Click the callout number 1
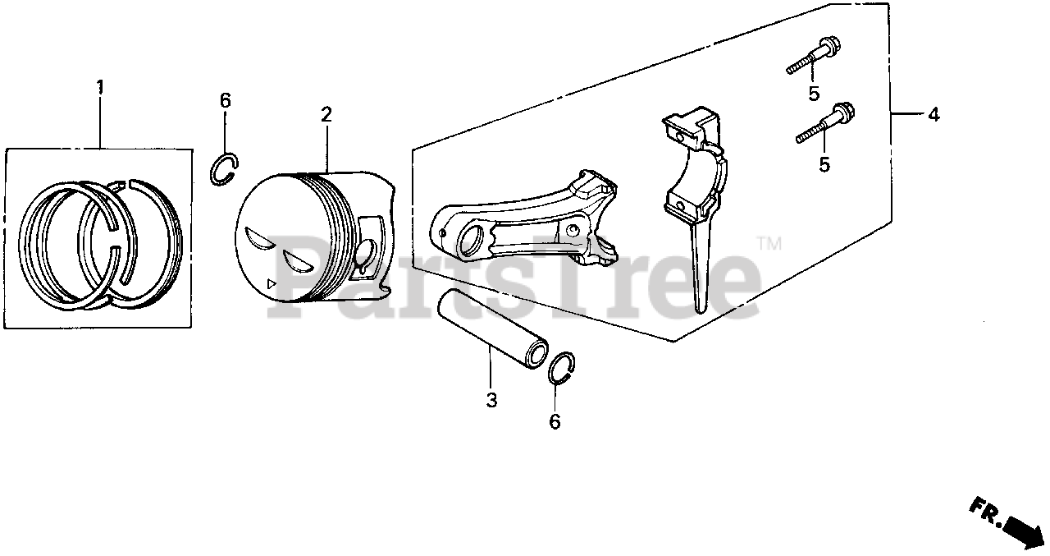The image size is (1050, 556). (100, 86)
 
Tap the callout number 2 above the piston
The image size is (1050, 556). (326, 114)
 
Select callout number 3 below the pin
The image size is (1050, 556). (491, 401)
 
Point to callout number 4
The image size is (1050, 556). (933, 116)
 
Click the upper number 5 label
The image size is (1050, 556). (814, 94)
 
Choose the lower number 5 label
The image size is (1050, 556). (824, 165)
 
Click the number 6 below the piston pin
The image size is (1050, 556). (555, 422)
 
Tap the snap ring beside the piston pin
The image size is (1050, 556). (562, 367)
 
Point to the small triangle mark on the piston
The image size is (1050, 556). (272, 284)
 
